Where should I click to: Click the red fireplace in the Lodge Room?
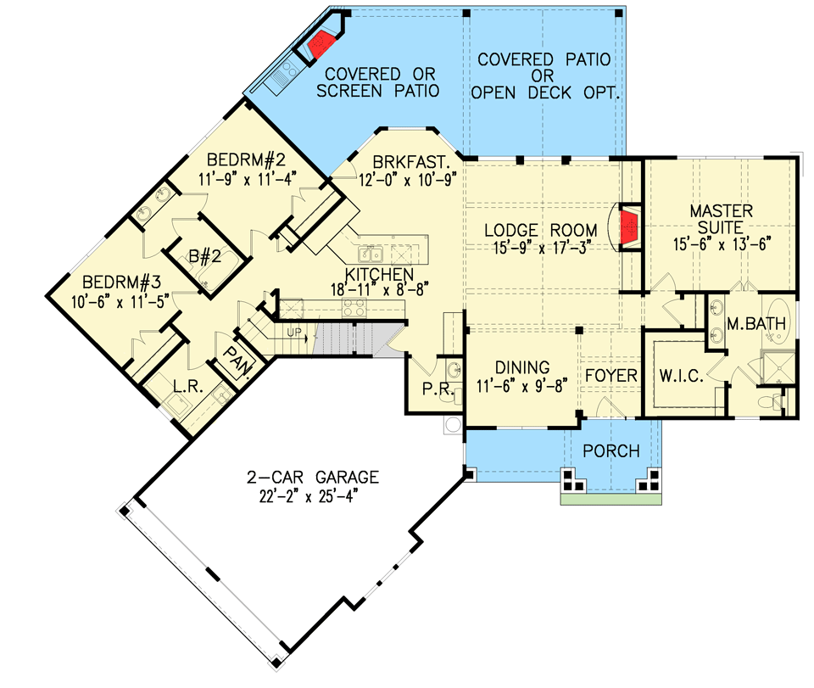tap(629, 228)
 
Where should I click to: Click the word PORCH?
tap(611, 450)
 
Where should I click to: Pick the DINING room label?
tap(522, 367)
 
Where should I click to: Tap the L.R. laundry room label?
tap(183, 387)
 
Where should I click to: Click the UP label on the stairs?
tap(295, 331)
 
